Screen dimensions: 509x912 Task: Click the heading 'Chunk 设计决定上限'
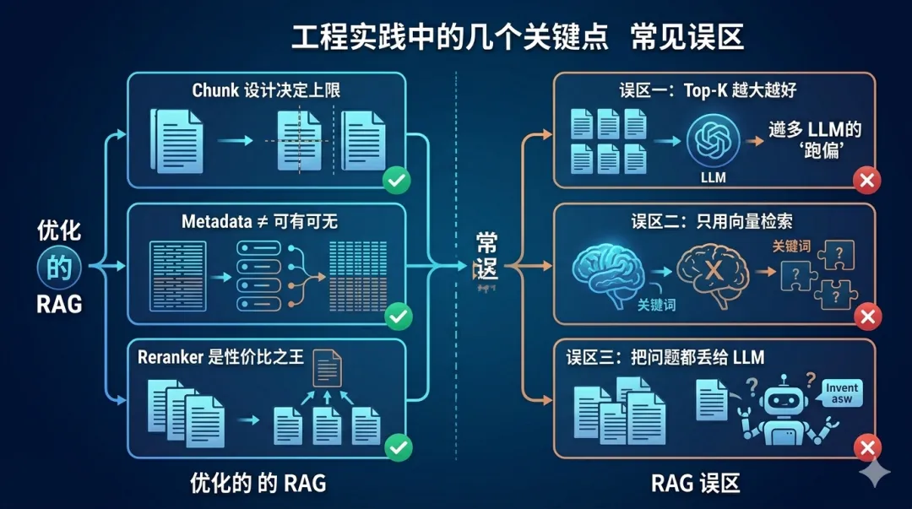(266, 89)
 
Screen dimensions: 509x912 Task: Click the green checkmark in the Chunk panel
(397, 181)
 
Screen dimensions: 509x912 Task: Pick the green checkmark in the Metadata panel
(397, 317)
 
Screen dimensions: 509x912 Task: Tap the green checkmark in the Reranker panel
(397, 448)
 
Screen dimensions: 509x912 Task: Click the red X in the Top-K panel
(866, 180)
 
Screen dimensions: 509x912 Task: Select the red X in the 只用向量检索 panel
(866, 317)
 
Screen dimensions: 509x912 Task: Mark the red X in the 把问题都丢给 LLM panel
(866, 447)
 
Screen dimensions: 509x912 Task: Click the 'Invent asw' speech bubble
(841, 393)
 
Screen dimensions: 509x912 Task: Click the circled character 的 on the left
(58, 268)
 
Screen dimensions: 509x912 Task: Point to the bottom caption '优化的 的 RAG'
(258, 484)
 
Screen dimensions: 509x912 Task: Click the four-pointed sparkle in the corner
(877, 474)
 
